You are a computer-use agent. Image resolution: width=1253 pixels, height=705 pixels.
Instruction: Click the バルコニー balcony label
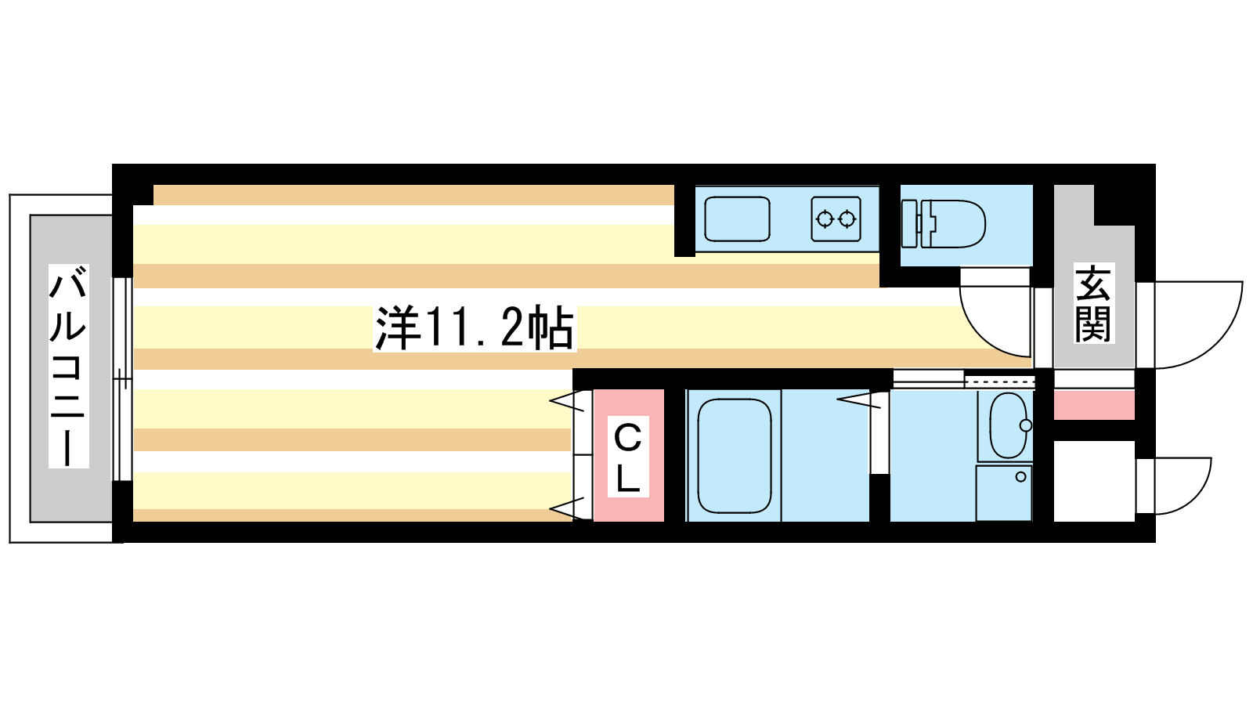click(68, 366)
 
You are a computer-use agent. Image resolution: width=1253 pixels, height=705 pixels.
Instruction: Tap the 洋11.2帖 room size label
click(475, 328)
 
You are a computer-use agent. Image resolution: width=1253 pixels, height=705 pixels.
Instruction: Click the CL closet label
click(627, 457)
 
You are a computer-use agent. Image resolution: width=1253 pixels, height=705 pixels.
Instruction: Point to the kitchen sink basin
click(737, 219)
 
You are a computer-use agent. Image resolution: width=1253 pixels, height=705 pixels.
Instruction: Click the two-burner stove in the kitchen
click(836, 219)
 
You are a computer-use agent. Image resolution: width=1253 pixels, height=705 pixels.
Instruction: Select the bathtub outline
click(734, 455)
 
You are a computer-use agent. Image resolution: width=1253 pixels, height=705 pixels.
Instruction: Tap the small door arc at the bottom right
click(1174, 486)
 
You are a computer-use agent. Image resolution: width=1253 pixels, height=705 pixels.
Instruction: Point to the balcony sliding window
click(122, 379)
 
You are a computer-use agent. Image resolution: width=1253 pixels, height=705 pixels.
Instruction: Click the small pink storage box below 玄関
click(1094, 405)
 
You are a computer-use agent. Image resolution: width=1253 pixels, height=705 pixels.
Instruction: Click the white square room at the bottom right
click(1094, 481)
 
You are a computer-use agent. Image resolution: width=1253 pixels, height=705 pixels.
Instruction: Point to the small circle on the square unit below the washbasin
click(1021, 477)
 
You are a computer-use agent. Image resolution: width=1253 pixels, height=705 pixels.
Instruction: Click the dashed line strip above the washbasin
click(999, 381)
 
